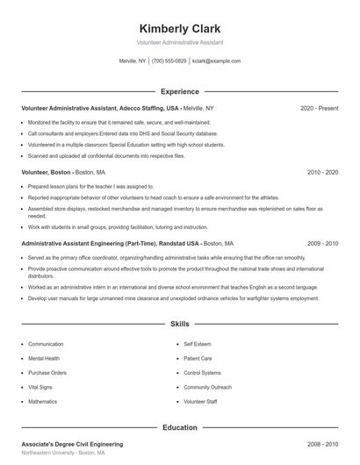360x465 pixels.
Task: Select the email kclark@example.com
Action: pyautogui.click(x=216, y=61)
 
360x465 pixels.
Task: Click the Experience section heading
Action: pyautogui.click(x=179, y=91)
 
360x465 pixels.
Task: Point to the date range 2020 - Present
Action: pyautogui.click(x=319, y=108)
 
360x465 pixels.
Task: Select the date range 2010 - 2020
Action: pyautogui.click(x=322, y=173)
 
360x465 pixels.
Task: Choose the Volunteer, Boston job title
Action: pyautogui.click(x=47, y=173)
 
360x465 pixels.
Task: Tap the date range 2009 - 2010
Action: pyautogui.click(x=322, y=243)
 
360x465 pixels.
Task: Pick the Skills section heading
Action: pyautogui.click(x=179, y=324)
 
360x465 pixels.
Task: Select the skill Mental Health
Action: pyautogui.click(x=44, y=358)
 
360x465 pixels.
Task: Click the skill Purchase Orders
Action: pyautogui.click(x=47, y=372)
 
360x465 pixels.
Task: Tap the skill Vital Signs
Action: pyautogui.click(x=40, y=387)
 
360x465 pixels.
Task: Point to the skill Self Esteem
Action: pyautogui.click(x=198, y=344)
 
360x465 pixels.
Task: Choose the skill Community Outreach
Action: pyautogui.click(x=207, y=387)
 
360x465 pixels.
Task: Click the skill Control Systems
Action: pyautogui.click(x=202, y=372)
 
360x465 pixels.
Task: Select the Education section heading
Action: pyautogui.click(x=179, y=427)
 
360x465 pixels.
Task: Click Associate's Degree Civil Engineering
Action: pyautogui.click(x=72, y=445)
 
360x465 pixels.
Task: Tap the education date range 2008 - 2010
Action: pyautogui.click(x=322, y=445)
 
